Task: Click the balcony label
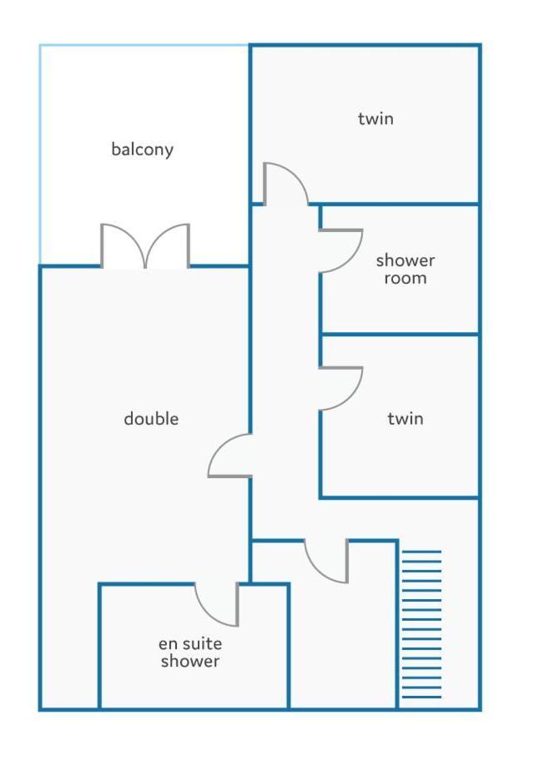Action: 142,149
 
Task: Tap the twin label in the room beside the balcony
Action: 375,118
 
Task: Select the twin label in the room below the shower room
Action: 405,419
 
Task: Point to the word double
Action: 151,419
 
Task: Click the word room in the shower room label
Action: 405,279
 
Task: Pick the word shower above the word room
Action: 405,260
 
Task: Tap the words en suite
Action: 190,643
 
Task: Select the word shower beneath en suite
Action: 190,662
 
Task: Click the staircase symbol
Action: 421,624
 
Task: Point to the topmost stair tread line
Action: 421,552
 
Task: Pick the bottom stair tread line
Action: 421,697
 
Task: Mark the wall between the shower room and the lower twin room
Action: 399,335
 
